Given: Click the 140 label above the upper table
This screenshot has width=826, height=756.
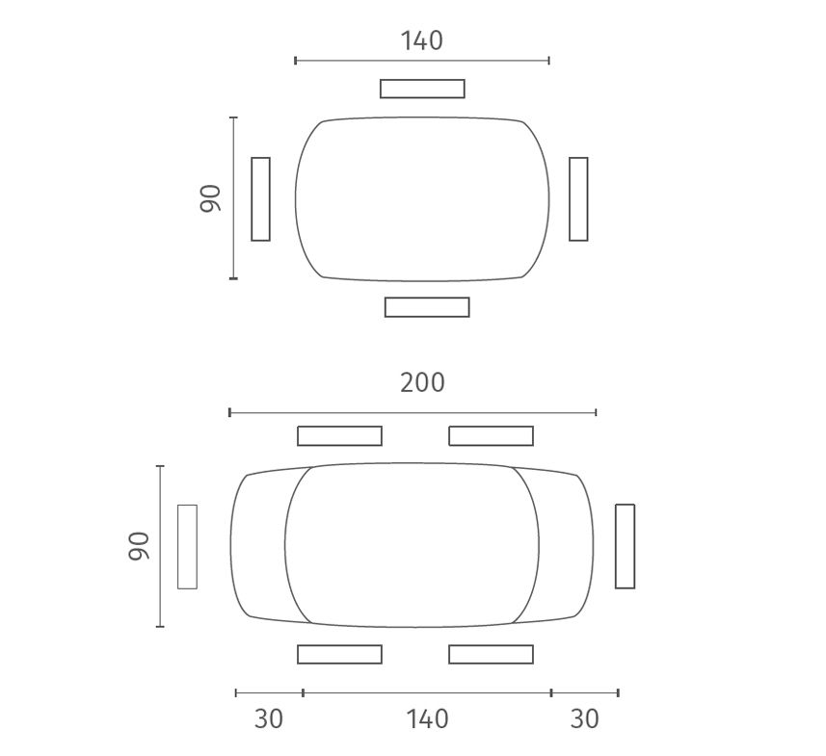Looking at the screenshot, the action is click(422, 40).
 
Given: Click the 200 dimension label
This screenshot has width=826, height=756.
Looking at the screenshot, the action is click(422, 382).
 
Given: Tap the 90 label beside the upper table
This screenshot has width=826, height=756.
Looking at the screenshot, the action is click(210, 198).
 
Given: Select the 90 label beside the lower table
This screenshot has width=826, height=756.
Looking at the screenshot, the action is click(139, 546).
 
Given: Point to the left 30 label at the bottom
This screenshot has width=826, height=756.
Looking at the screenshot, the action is click(269, 719).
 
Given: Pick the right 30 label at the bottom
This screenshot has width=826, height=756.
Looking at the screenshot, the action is click(585, 719).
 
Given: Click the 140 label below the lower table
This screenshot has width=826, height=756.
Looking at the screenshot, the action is click(427, 719).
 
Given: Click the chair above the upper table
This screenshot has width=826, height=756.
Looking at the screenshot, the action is click(422, 89).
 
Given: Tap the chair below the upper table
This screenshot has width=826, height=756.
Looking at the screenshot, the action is click(427, 307).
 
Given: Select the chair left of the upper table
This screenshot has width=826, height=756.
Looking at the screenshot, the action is click(261, 199).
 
